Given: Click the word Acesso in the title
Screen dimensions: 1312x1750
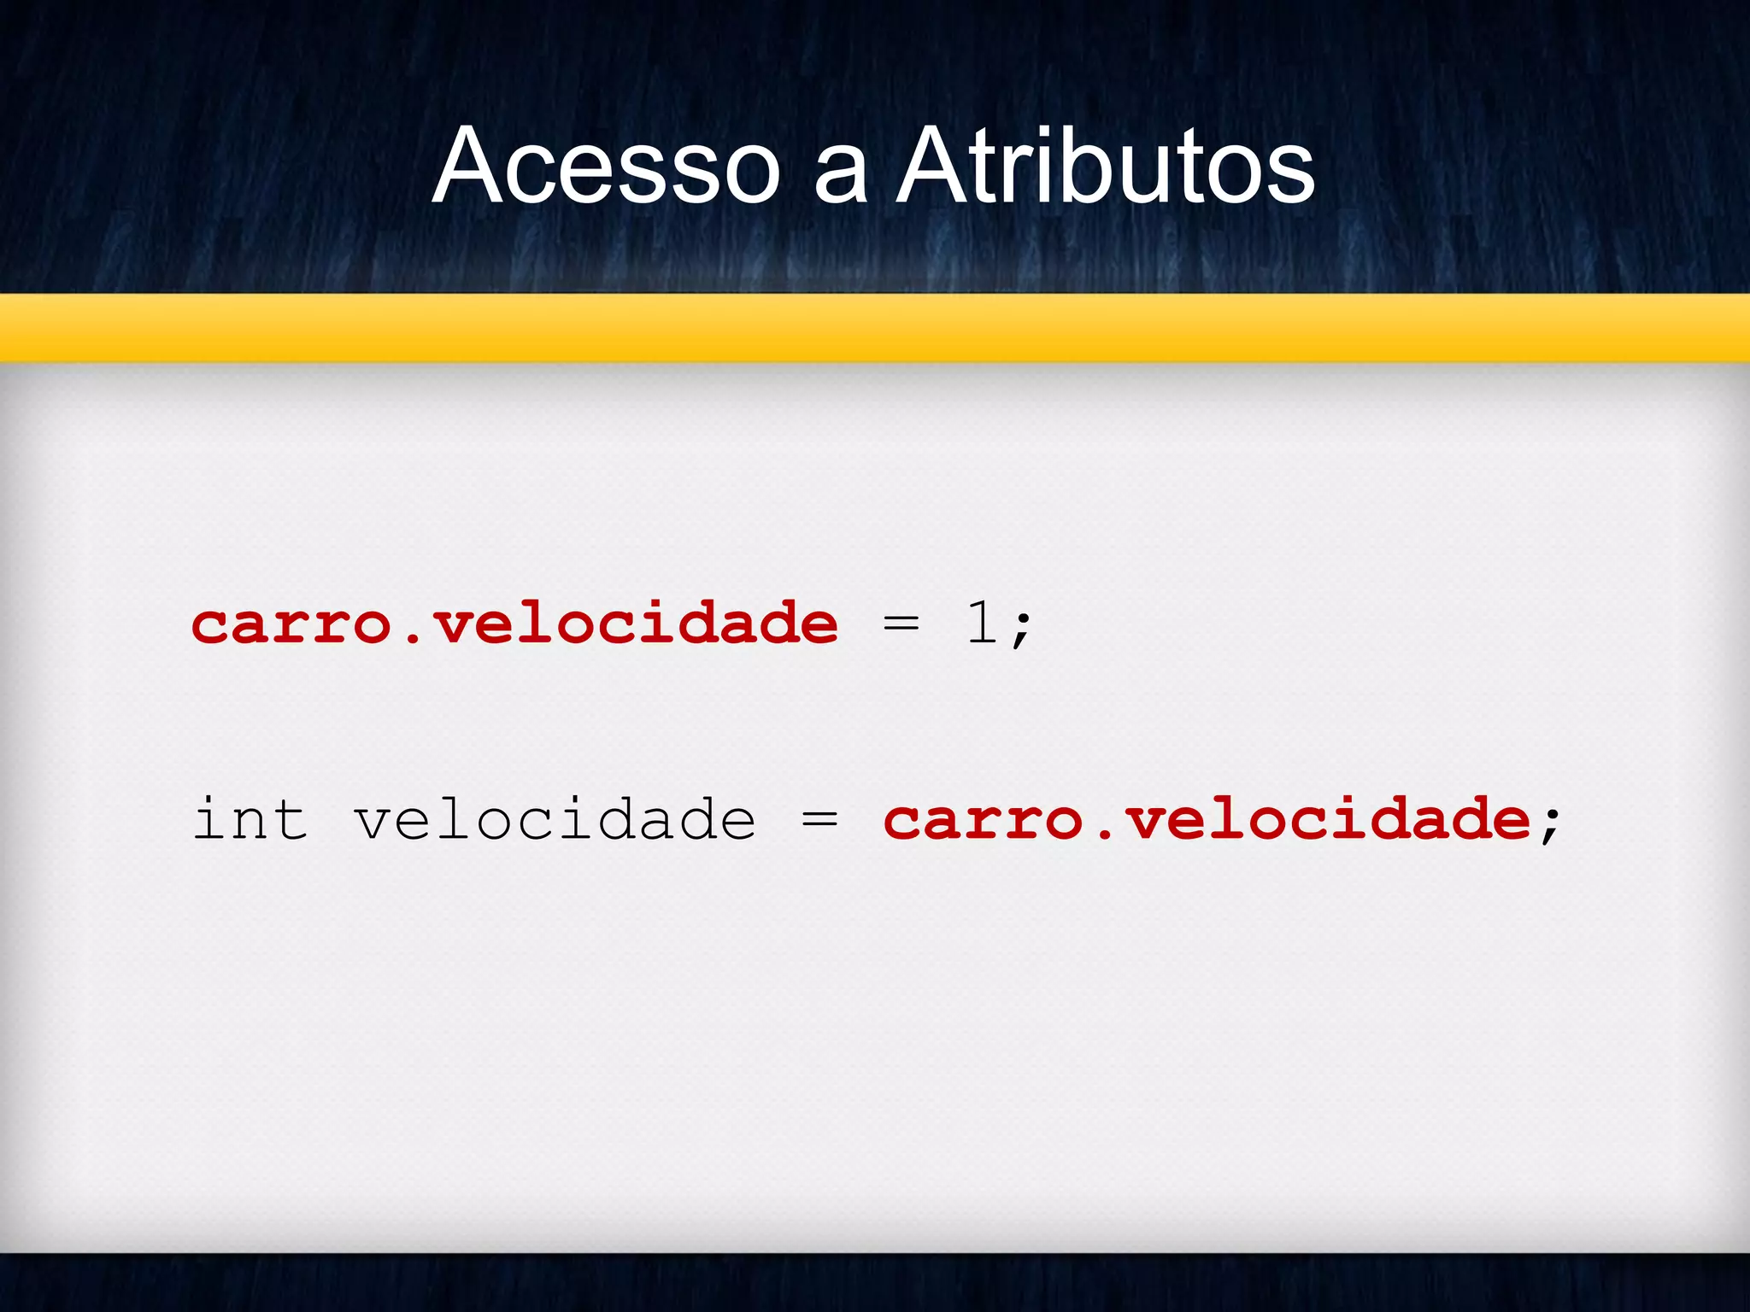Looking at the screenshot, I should [x=606, y=166].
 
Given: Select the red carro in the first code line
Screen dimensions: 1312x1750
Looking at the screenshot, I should [x=291, y=624].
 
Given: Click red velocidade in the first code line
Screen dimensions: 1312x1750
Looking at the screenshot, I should [x=636, y=623].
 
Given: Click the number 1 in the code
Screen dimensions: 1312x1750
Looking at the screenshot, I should [x=982, y=623].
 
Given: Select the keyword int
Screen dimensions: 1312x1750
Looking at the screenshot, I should [x=250, y=819].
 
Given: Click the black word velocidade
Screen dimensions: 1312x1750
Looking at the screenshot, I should [x=555, y=819].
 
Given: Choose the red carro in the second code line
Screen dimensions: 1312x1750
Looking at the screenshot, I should [x=984, y=820].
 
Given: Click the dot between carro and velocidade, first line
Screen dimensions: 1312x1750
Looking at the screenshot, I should [x=412, y=637].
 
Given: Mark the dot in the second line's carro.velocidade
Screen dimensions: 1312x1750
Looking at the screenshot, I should [x=1104, y=833].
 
